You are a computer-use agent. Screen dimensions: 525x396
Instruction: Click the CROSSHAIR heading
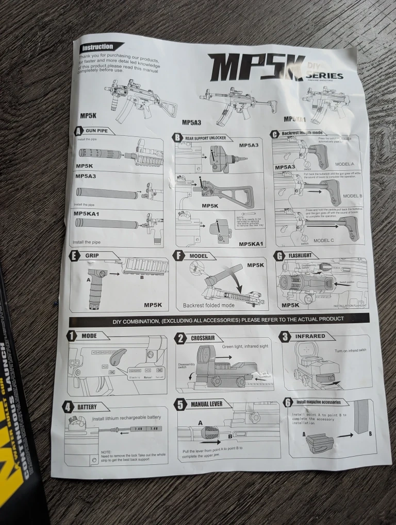(203, 338)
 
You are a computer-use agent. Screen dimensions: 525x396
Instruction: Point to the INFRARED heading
(309, 336)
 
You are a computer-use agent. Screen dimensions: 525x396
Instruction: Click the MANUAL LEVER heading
(206, 404)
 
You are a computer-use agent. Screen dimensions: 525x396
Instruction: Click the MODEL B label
(353, 196)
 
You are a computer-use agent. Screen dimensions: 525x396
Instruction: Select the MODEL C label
(324, 240)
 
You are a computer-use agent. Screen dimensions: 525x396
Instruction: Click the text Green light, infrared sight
(245, 346)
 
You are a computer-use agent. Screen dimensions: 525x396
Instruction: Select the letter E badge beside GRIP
(76, 255)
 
